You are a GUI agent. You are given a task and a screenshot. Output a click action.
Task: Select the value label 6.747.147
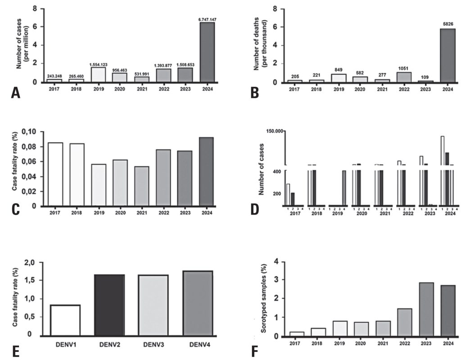click(x=207, y=19)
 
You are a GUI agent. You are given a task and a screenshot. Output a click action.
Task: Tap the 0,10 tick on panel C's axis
click(x=32, y=132)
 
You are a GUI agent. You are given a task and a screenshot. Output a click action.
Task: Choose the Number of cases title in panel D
click(x=261, y=169)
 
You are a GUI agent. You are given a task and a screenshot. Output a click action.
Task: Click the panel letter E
click(x=16, y=351)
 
